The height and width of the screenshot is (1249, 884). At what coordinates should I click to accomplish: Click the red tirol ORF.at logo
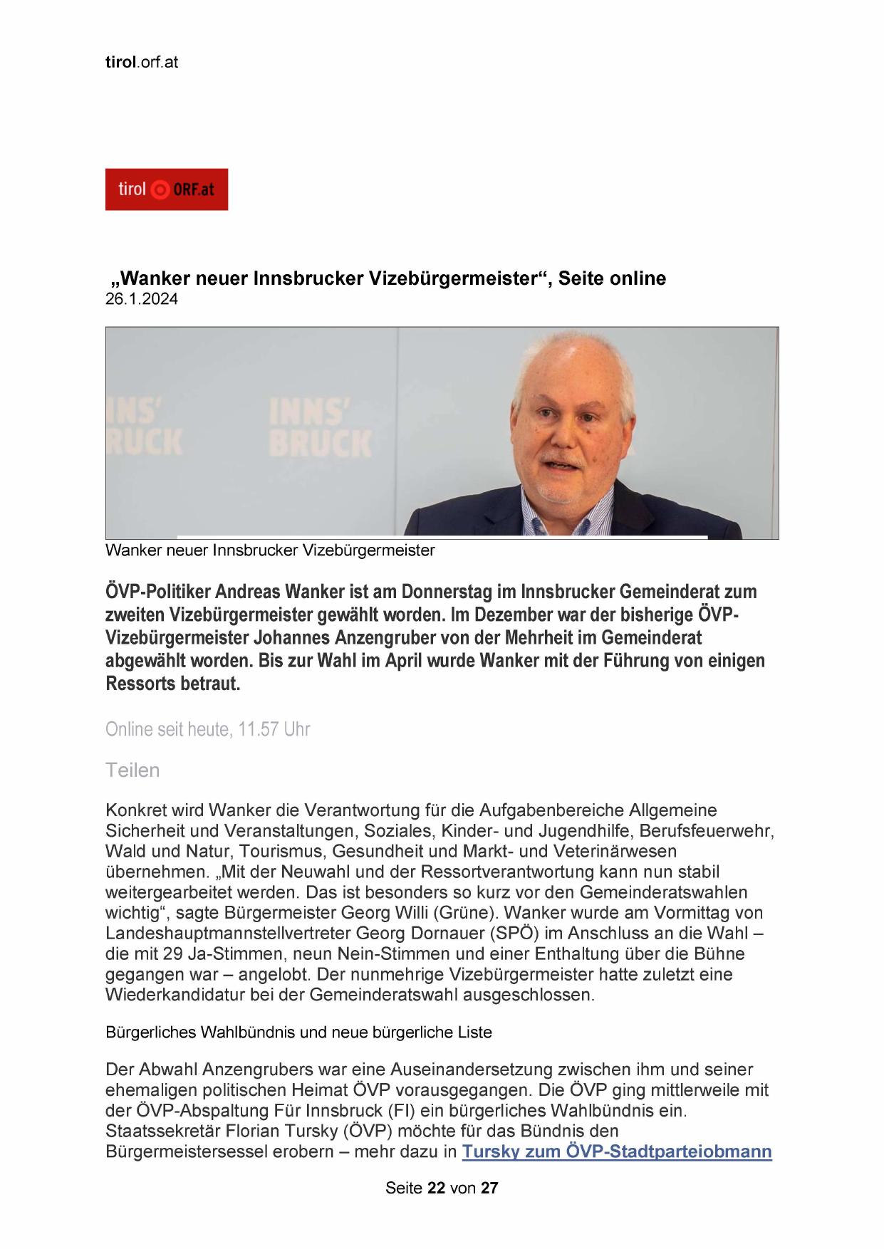pos(167,189)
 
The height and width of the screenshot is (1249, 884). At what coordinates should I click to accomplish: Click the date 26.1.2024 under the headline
pos(142,299)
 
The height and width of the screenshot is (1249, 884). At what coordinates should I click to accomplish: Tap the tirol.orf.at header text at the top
pos(142,62)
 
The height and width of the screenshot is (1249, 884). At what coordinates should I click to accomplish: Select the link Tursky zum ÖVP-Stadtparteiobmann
pos(617,1151)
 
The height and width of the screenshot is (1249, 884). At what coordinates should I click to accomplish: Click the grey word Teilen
pos(132,770)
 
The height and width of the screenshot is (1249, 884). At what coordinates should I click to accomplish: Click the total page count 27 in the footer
pos(489,1188)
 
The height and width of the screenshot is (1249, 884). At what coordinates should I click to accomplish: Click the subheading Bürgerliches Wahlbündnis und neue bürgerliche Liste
pos(298,1032)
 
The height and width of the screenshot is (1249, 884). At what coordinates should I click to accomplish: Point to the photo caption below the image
pos(270,550)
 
